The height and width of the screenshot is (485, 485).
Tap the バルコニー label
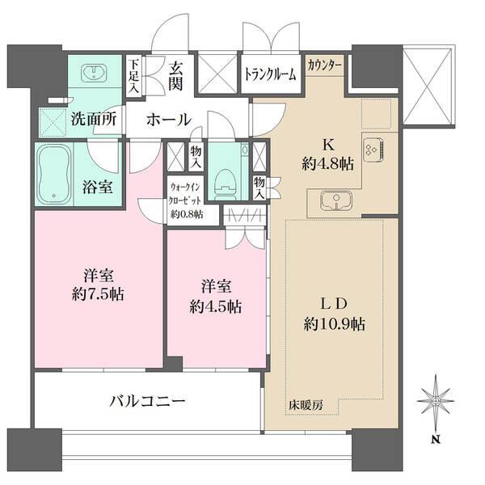point(150,401)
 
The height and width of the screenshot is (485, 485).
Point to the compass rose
point(435,401)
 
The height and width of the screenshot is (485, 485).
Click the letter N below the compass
point(435,441)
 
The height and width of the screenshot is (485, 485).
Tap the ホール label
point(168,120)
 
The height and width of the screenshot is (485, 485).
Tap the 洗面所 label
point(92,118)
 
